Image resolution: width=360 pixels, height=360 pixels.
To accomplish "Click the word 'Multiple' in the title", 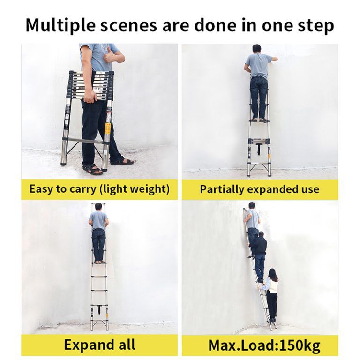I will click(x=56, y=25).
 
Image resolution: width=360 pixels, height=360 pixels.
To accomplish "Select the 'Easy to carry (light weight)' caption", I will click(x=99, y=189).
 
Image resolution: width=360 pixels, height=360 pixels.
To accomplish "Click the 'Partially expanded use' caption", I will click(x=259, y=189).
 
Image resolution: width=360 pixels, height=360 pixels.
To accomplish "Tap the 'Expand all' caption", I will click(x=99, y=345).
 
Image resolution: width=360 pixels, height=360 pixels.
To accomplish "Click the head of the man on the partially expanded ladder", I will click(x=256, y=49).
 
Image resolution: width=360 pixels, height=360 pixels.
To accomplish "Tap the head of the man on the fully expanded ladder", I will click(x=98, y=206).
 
